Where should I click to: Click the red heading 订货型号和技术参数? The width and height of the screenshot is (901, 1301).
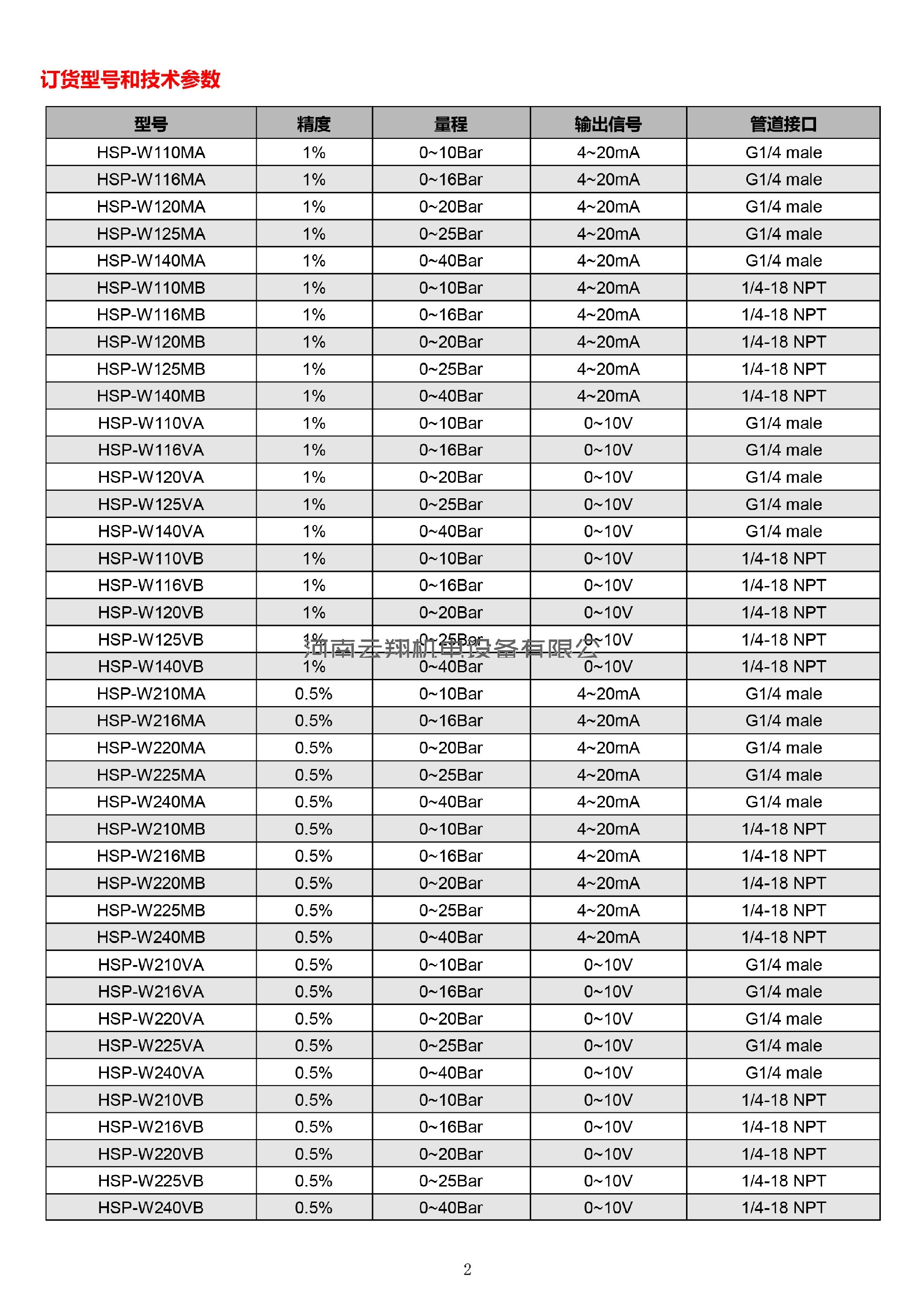[x=130, y=80]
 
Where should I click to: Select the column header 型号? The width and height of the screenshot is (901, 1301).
[x=151, y=123]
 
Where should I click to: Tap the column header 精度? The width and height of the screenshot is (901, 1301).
[x=314, y=123]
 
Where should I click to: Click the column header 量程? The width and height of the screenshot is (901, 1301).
[x=450, y=123]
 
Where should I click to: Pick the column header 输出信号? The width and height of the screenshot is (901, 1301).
[x=608, y=123]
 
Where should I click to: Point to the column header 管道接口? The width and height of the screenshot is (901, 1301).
[x=783, y=123]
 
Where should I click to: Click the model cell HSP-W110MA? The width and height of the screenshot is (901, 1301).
[x=151, y=152]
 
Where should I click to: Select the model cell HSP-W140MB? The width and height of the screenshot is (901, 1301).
[x=151, y=396]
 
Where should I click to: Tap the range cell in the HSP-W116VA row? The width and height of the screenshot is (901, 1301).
[x=450, y=450]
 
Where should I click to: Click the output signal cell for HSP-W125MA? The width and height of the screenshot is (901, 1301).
[x=608, y=234]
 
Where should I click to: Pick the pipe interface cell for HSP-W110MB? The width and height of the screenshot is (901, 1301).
[x=783, y=288]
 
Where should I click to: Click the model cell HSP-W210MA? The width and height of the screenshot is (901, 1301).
[x=151, y=694]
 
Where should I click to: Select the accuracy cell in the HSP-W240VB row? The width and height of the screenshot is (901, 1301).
[x=314, y=1207]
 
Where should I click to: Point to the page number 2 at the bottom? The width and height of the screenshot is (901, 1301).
[x=467, y=1270]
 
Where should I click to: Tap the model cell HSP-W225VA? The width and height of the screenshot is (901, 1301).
[x=151, y=1045]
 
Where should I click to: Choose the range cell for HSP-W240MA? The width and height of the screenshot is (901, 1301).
[x=450, y=801]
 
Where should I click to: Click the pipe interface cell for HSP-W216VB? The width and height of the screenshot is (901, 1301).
[x=783, y=1126]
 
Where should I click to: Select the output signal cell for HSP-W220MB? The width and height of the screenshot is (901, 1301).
[x=608, y=883]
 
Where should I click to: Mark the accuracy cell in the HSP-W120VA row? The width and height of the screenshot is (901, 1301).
[x=314, y=477]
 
